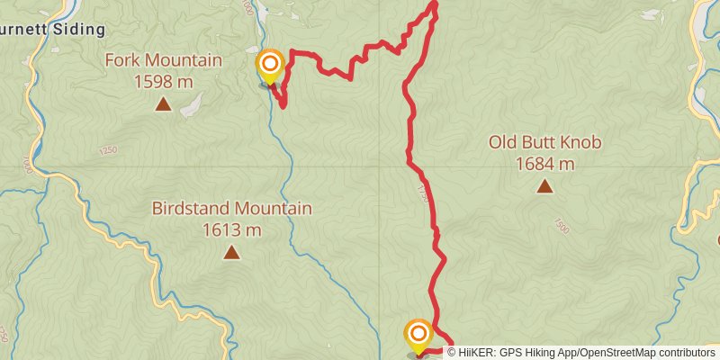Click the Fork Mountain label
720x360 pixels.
pos(163,61)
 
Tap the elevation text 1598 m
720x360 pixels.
pos(163,82)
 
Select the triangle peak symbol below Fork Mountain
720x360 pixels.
pos(163,104)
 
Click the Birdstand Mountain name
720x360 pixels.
pos(231,209)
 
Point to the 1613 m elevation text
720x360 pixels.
pos(231,229)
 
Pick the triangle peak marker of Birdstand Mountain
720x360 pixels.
pos(231,252)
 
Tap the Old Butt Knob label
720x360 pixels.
pos(544,142)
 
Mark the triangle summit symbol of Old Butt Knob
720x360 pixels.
pos(544,186)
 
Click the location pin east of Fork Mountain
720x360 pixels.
pos(270,66)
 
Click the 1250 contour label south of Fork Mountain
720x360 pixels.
pos(109,149)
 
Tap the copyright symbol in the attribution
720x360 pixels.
pos(453,353)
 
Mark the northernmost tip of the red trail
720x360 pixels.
pos(434,3)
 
